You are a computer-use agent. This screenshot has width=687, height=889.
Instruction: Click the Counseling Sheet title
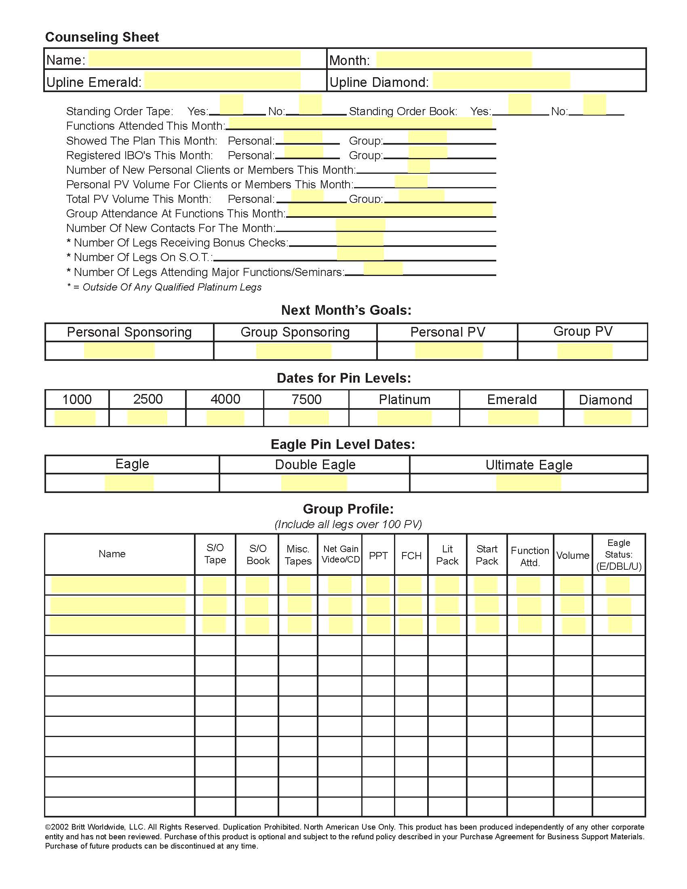click(x=102, y=37)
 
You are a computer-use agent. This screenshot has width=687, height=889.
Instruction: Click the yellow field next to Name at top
click(x=194, y=59)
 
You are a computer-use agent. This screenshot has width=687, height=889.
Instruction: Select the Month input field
click(x=454, y=59)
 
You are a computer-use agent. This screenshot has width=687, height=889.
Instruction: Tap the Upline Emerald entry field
click(x=222, y=80)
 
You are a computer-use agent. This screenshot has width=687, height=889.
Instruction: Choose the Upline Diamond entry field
click(x=501, y=80)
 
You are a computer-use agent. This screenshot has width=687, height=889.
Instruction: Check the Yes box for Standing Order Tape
click(x=231, y=104)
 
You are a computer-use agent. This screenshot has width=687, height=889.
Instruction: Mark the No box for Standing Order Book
click(x=594, y=104)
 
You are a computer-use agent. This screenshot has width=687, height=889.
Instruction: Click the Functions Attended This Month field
click(x=360, y=123)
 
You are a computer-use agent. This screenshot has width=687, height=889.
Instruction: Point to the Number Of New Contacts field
click(x=360, y=225)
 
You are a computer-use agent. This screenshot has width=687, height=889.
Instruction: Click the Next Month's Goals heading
click(x=346, y=310)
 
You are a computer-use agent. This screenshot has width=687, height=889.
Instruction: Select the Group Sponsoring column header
click(x=295, y=332)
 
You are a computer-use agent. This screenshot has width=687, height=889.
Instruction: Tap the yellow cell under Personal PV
click(x=449, y=351)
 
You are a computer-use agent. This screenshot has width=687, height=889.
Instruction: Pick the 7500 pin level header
click(x=306, y=399)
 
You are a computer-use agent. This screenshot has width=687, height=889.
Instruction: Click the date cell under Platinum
click(x=404, y=418)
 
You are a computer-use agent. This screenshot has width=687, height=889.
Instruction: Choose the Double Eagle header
click(x=315, y=464)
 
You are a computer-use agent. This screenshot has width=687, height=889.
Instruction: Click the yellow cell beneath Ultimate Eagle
click(x=528, y=483)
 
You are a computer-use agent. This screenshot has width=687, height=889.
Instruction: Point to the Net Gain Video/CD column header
click(x=340, y=554)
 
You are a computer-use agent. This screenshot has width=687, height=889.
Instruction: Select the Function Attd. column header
click(x=530, y=556)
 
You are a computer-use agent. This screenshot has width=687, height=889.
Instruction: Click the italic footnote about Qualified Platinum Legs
click(x=164, y=287)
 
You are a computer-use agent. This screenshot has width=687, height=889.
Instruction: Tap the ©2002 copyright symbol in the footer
click(x=48, y=827)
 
